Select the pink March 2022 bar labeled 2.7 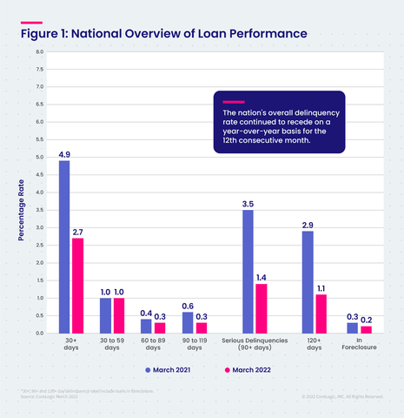(77, 286)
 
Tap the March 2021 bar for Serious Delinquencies (248, 272)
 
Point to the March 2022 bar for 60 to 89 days (159, 327)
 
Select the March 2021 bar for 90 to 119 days (187, 322)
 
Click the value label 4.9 (64, 154)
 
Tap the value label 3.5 (248, 203)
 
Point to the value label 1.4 (261, 277)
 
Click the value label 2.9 (307, 224)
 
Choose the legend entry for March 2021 (169, 370)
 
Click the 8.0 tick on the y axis (38, 51)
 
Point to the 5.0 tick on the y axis (38, 158)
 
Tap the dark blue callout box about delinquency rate (279, 122)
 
